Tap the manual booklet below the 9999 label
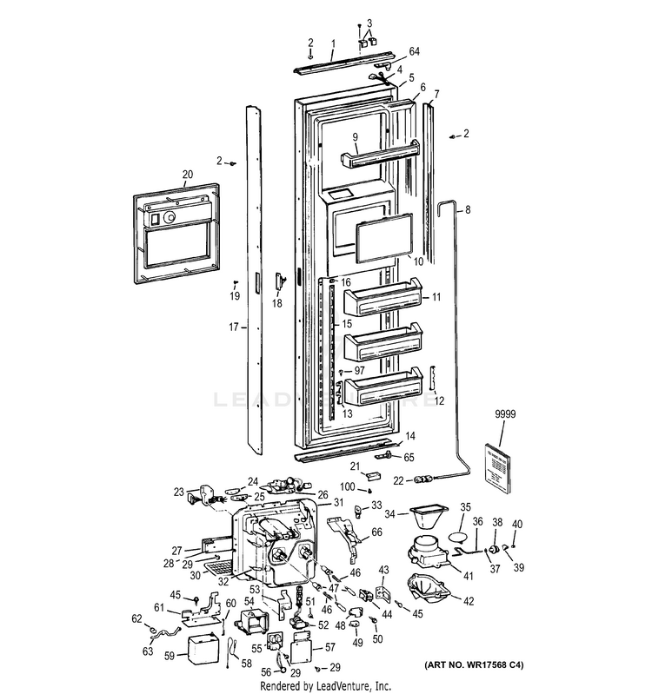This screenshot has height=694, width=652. (x=503, y=469)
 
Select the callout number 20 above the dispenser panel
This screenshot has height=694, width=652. (x=187, y=174)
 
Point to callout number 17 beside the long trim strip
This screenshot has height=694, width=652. (x=233, y=328)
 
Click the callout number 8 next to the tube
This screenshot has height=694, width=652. (x=468, y=209)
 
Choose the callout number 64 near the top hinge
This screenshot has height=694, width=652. (x=414, y=52)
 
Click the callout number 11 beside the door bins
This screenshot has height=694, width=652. (x=436, y=297)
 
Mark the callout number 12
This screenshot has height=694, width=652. (x=439, y=400)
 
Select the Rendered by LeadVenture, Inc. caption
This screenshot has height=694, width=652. (x=326, y=685)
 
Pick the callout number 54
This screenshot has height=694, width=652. (x=249, y=600)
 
